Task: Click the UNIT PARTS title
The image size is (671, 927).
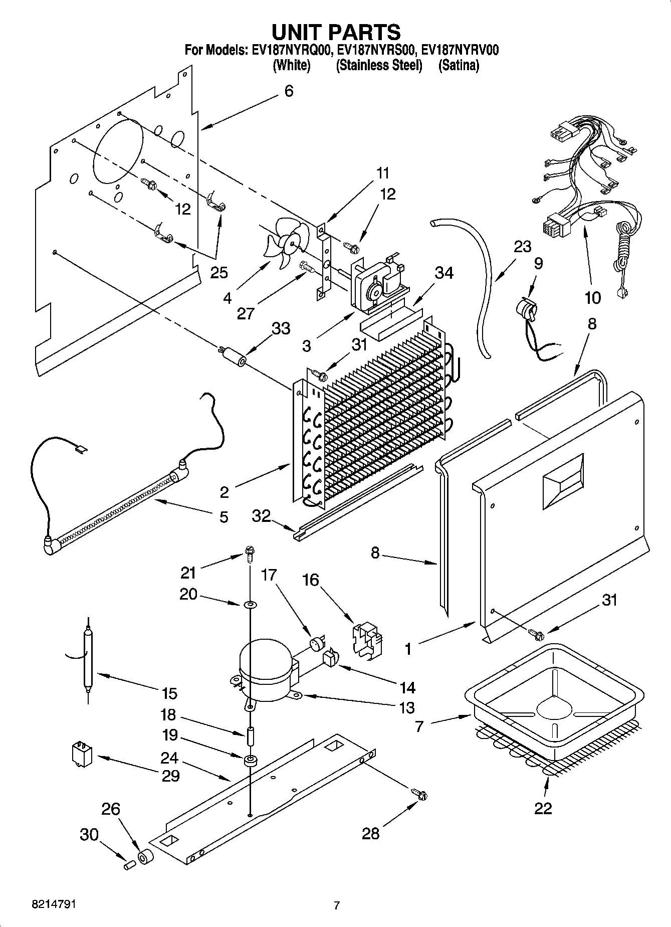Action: [x=336, y=32]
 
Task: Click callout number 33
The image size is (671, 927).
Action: [x=281, y=329]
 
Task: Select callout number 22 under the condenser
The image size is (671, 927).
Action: [x=543, y=808]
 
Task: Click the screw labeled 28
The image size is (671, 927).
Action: [x=419, y=794]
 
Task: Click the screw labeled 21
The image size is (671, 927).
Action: [x=249, y=552]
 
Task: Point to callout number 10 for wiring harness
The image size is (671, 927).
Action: [x=592, y=298]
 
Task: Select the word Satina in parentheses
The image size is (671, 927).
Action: [x=459, y=65]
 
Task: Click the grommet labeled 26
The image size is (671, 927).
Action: [x=145, y=857]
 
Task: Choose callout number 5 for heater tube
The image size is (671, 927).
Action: [x=223, y=516]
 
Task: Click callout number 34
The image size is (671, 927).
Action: [x=444, y=273]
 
